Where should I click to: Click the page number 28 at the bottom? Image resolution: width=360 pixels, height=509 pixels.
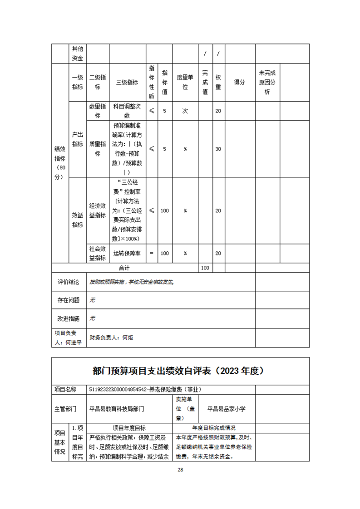(180, 470)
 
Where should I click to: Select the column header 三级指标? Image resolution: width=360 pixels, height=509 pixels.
(127, 83)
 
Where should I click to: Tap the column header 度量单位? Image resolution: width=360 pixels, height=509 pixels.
(185, 83)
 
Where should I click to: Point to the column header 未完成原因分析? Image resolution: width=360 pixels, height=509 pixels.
(267, 83)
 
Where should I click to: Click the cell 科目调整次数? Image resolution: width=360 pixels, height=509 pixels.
(127, 111)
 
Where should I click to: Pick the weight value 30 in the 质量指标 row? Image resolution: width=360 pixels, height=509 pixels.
(218, 149)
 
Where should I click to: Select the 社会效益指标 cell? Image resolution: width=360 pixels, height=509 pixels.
(98, 253)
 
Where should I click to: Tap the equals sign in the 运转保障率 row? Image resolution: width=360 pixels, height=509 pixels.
(152, 253)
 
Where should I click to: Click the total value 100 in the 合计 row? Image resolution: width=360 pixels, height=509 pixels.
(205, 268)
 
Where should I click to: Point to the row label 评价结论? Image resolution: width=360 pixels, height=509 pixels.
(69, 282)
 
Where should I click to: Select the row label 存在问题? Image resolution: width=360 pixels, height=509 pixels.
(69, 300)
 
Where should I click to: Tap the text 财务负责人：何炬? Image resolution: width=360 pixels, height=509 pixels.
(112, 338)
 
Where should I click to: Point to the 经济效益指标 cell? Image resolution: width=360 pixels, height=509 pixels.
(98, 210)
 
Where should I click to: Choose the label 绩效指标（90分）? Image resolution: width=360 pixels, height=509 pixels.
(60, 163)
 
